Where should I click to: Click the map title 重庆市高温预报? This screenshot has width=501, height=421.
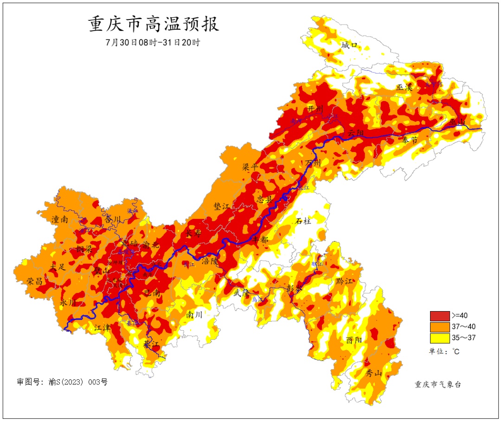(154, 24)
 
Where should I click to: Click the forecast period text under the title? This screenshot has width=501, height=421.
(154, 42)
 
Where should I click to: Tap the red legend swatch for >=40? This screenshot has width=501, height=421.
(439, 316)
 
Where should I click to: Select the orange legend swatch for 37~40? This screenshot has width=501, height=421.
(439, 327)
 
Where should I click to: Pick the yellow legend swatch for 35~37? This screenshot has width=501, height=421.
(439, 338)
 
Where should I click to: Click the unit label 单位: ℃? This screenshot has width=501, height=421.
(444, 351)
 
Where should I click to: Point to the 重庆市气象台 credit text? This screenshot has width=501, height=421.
(438, 384)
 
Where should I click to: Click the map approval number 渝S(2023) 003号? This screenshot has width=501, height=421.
(62, 382)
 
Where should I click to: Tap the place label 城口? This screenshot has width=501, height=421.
(350, 45)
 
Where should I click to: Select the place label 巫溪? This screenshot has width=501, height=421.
(405, 87)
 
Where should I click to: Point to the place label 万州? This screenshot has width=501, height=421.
(313, 163)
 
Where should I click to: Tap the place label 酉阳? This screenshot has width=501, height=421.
(354, 340)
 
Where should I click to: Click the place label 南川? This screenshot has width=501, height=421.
(194, 314)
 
